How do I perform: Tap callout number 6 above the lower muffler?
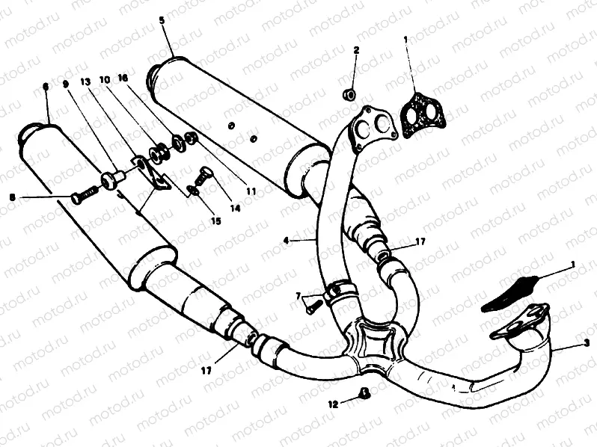(x=46, y=87)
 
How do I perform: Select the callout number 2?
(x=356, y=51)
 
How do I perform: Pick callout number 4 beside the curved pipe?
(x=287, y=241)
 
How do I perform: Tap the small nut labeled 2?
(x=348, y=95)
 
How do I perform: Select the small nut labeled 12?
(x=364, y=394)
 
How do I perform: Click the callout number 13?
(x=85, y=80)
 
